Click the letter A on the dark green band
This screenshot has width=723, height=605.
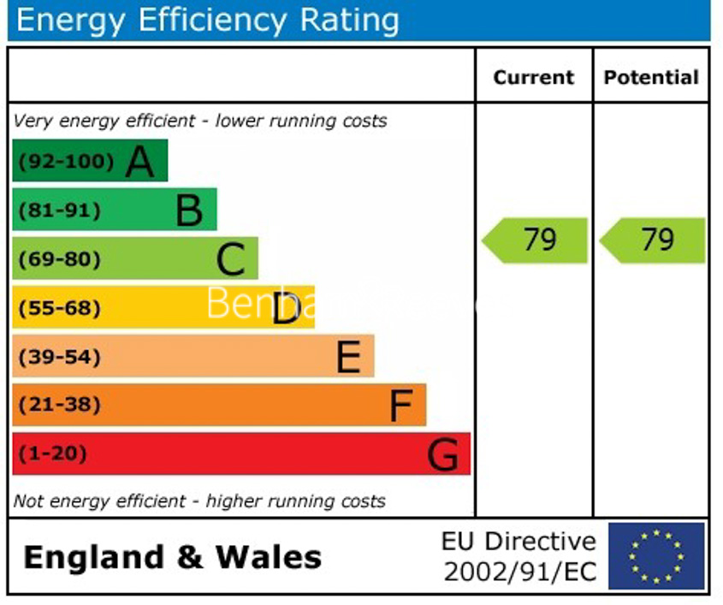[x=140, y=162]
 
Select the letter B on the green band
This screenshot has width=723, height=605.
[x=189, y=211]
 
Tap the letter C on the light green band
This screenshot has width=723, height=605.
[x=231, y=259]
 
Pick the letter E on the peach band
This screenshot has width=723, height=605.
[x=348, y=357]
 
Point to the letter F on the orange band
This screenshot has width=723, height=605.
[x=401, y=406]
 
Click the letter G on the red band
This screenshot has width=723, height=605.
[x=443, y=454]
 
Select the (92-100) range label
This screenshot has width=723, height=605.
[x=67, y=162]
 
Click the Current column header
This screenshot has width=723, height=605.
[x=534, y=78]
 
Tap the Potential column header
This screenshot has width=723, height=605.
[x=651, y=78]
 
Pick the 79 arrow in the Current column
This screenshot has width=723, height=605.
[x=536, y=240]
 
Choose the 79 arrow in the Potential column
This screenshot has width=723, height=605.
[x=654, y=240]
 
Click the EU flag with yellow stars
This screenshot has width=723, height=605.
[x=656, y=556]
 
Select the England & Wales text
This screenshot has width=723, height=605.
[x=173, y=558]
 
